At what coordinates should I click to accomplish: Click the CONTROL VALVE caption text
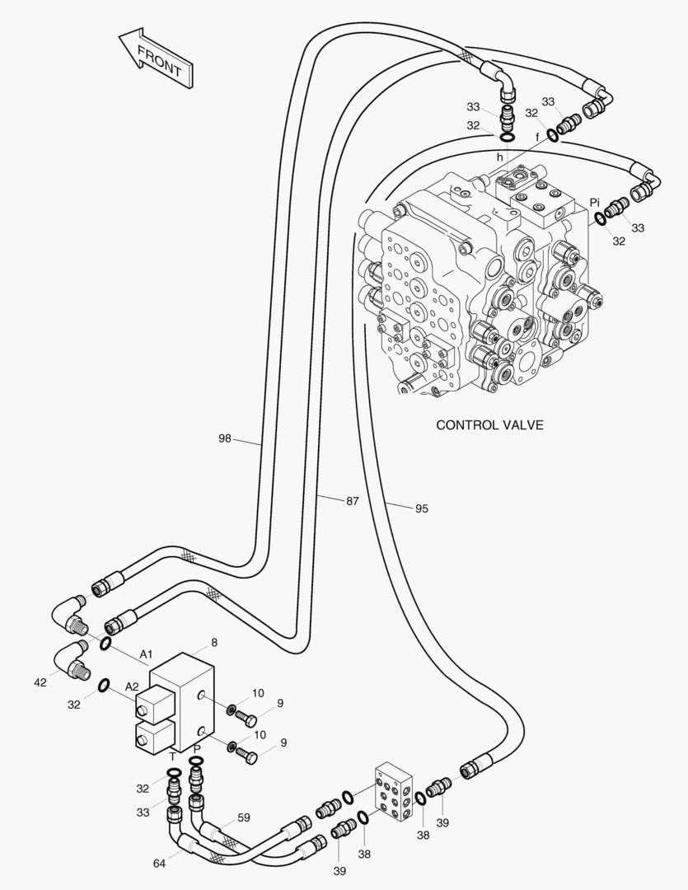click(489, 424)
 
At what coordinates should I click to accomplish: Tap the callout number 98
click(226, 438)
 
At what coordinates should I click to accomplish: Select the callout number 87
click(353, 501)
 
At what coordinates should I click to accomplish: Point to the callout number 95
click(422, 508)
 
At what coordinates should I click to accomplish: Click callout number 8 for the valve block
click(214, 643)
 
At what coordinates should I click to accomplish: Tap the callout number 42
click(40, 682)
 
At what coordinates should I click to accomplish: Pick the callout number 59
click(244, 818)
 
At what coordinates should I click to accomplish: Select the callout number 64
click(160, 864)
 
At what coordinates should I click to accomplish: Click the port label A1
click(147, 654)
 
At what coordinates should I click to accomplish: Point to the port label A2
click(132, 686)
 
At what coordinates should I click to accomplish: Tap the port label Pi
click(594, 202)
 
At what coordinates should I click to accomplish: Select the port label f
click(537, 138)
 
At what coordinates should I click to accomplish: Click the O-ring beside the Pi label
click(600, 218)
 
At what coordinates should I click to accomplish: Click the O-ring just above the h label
click(508, 138)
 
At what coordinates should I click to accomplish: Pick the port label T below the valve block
click(173, 756)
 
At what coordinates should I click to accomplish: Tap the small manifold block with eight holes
click(395, 793)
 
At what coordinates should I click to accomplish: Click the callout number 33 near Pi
click(638, 227)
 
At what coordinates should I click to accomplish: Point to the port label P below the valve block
click(197, 748)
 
